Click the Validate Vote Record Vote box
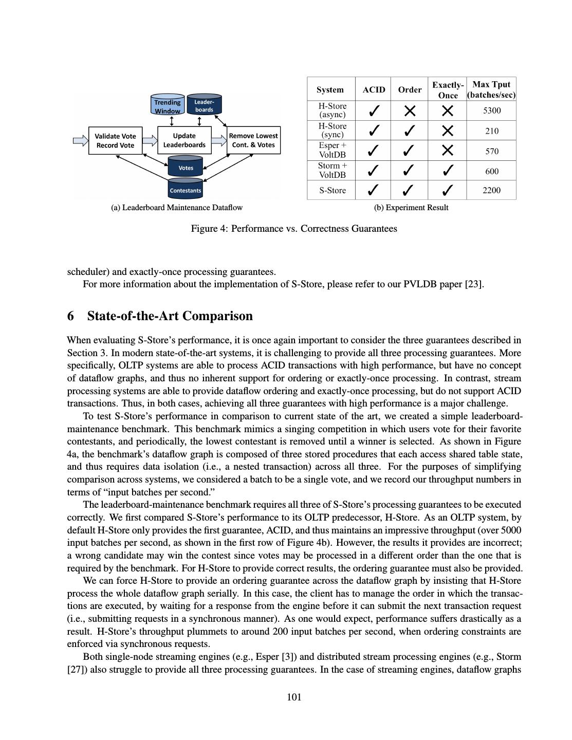pyautogui.click(x=115, y=140)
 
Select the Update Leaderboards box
pyautogui.click(x=184, y=140)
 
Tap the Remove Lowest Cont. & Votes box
pyautogui.click(x=253, y=140)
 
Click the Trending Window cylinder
pyautogui.click(x=168, y=105)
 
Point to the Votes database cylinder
pyautogui.click(x=186, y=166)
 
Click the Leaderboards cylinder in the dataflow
pyautogui.click(x=204, y=105)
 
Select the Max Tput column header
pyautogui.click(x=491, y=89)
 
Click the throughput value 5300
pyautogui.click(x=491, y=110)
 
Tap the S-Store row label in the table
pyautogui.click(x=332, y=190)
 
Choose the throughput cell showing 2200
pyautogui.click(x=491, y=190)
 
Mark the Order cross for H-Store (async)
pyautogui.click(x=410, y=110)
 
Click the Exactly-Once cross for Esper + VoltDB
pyautogui.click(x=448, y=151)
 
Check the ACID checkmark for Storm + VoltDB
pyautogui.click(x=374, y=171)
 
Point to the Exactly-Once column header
pyautogui.click(x=448, y=89)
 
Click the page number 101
pyautogui.click(x=294, y=697)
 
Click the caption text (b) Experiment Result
pyautogui.click(x=411, y=208)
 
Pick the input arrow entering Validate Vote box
pyautogui.click(x=81, y=140)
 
